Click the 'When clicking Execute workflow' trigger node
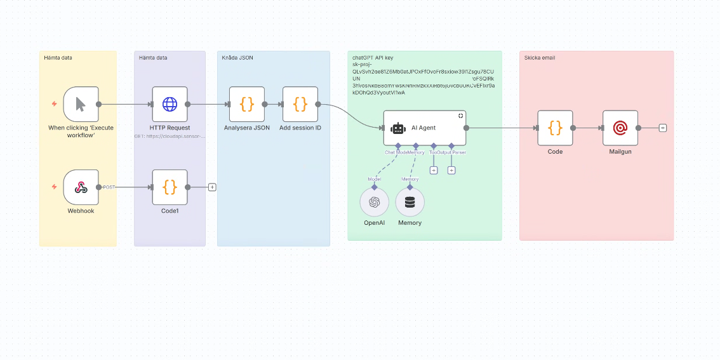[x=81, y=104]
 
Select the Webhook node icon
[x=81, y=187]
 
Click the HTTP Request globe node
[x=170, y=104]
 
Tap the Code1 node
[x=170, y=187]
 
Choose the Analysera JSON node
[x=246, y=104]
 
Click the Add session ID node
[x=300, y=104]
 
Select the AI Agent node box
[x=425, y=128]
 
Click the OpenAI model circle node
[x=374, y=203]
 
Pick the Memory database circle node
[x=410, y=203]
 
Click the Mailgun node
[x=620, y=128]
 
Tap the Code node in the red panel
[x=555, y=128]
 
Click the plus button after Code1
[x=212, y=187]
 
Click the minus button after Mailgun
[x=663, y=128]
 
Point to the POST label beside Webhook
[x=109, y=187]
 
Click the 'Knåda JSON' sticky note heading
[x=237, y=58]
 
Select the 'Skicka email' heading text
[x=540, y=58]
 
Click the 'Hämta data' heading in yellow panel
[x=58, y=58]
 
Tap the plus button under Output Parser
[x=451, y=170]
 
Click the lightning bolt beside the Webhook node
[x=54, y=187]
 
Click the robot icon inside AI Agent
[x=398, y=128]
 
